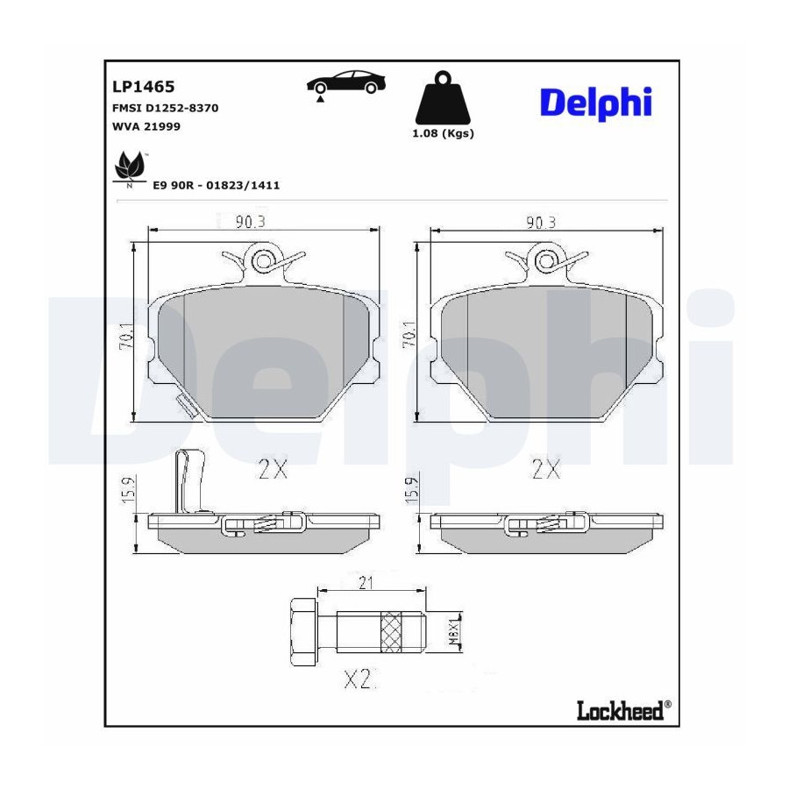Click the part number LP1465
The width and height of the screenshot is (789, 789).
click(144, 87)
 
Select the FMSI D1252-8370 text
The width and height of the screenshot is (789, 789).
click(166, 108)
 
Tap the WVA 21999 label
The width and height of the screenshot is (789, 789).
click(146, 126)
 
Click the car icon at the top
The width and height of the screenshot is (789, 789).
click(345, 84)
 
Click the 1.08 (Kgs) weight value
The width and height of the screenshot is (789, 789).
click(444, 133)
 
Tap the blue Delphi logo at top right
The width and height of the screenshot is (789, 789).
click(596, 103)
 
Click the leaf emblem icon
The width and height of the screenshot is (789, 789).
click(130, 167)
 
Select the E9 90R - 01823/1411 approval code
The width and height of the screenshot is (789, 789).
click(217, 185)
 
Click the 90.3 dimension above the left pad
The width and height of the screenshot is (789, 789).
click(250, 222)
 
